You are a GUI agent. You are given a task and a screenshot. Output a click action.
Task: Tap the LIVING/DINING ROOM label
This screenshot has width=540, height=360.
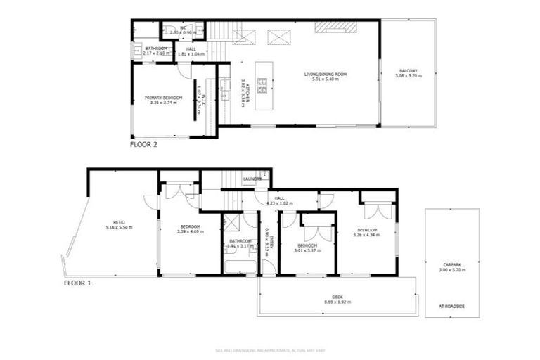coord(326,75)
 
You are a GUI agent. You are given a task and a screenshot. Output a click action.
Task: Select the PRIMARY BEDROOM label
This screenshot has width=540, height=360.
coord(163,98)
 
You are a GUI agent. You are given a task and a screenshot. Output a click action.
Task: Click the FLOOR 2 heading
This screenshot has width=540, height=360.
coord(143,145)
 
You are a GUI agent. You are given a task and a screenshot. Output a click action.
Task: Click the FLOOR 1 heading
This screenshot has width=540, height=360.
coord(77,283)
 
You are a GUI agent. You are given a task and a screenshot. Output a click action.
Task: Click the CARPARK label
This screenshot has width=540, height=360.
coord(453,264)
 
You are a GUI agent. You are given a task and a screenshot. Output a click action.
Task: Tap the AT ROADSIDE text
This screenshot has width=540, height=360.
coord(452,306)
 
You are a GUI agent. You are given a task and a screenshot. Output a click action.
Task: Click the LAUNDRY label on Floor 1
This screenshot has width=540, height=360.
coord(252,179)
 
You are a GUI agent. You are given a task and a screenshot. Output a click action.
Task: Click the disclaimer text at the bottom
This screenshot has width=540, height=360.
coord(269,350)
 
